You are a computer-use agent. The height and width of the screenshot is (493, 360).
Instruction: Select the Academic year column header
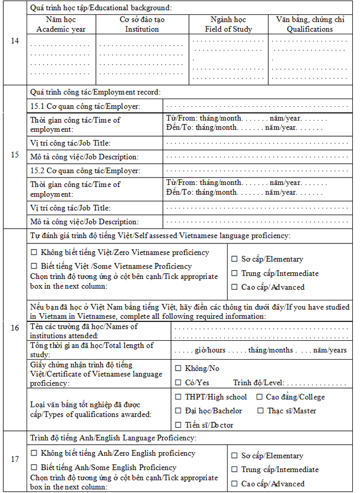[61, 24]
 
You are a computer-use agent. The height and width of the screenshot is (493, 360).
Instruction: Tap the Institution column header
[142, 24]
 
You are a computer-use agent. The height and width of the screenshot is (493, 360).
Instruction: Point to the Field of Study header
[228, 24]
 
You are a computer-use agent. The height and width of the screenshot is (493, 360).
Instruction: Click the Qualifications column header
[310, 24]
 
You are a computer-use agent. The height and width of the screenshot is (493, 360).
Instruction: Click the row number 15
[15, 154]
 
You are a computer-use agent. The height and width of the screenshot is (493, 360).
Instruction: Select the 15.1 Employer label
[85, 106]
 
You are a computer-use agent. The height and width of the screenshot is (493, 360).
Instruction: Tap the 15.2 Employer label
[85, 171]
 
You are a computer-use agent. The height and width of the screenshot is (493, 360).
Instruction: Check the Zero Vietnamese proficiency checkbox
[34, 253]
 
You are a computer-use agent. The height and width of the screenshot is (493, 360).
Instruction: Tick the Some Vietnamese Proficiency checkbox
[34, 266]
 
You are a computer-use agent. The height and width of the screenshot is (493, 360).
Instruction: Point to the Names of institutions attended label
[84, 331]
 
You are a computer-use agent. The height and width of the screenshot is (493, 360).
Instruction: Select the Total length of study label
[91, 350]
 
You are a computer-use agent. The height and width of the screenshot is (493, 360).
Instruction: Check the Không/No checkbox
[178, 369]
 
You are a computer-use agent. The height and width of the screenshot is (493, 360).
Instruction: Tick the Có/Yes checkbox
[178, 382]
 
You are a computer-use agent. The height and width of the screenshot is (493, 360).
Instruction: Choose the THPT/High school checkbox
[178, 397]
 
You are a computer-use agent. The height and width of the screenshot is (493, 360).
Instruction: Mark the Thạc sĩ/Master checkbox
[261, 411]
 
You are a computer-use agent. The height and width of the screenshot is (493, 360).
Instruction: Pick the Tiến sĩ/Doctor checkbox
[178, 425]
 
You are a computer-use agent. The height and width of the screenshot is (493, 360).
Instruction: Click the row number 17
[15, 459]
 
